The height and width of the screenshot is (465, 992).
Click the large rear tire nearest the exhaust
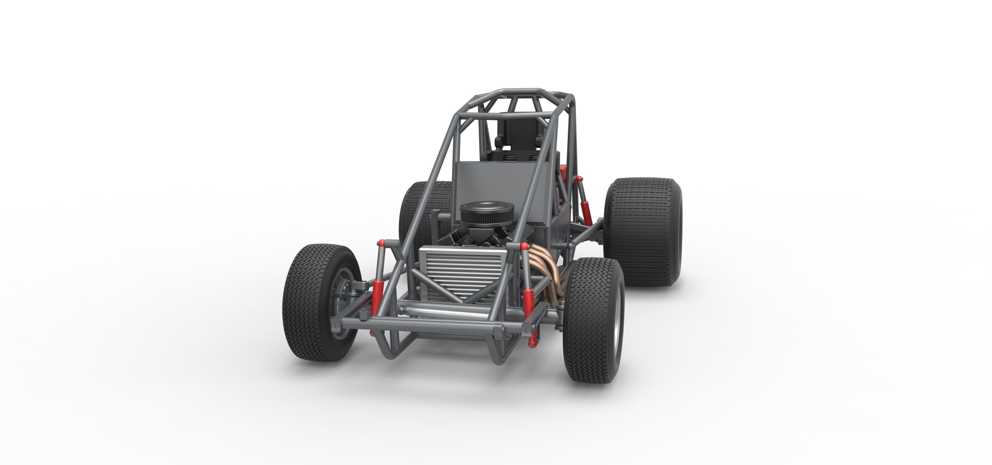pyautogui.click(x=642, y=231)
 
